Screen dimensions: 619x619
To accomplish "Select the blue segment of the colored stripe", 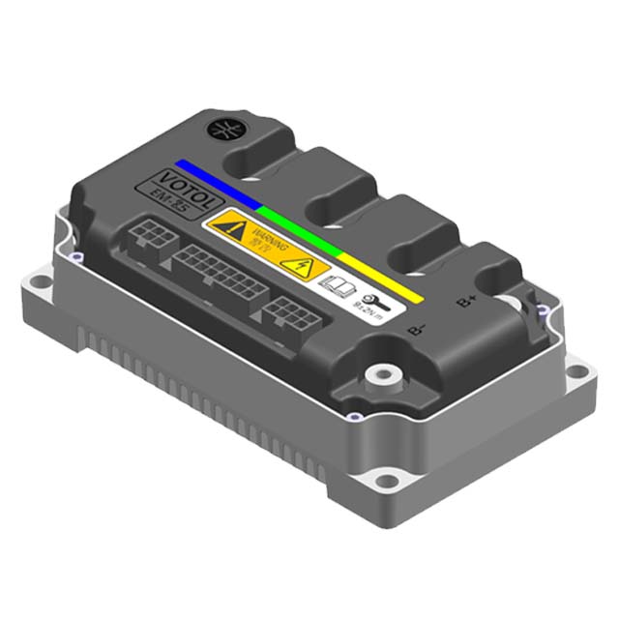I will (218, 184).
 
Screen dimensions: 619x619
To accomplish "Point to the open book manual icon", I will (334, 285).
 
